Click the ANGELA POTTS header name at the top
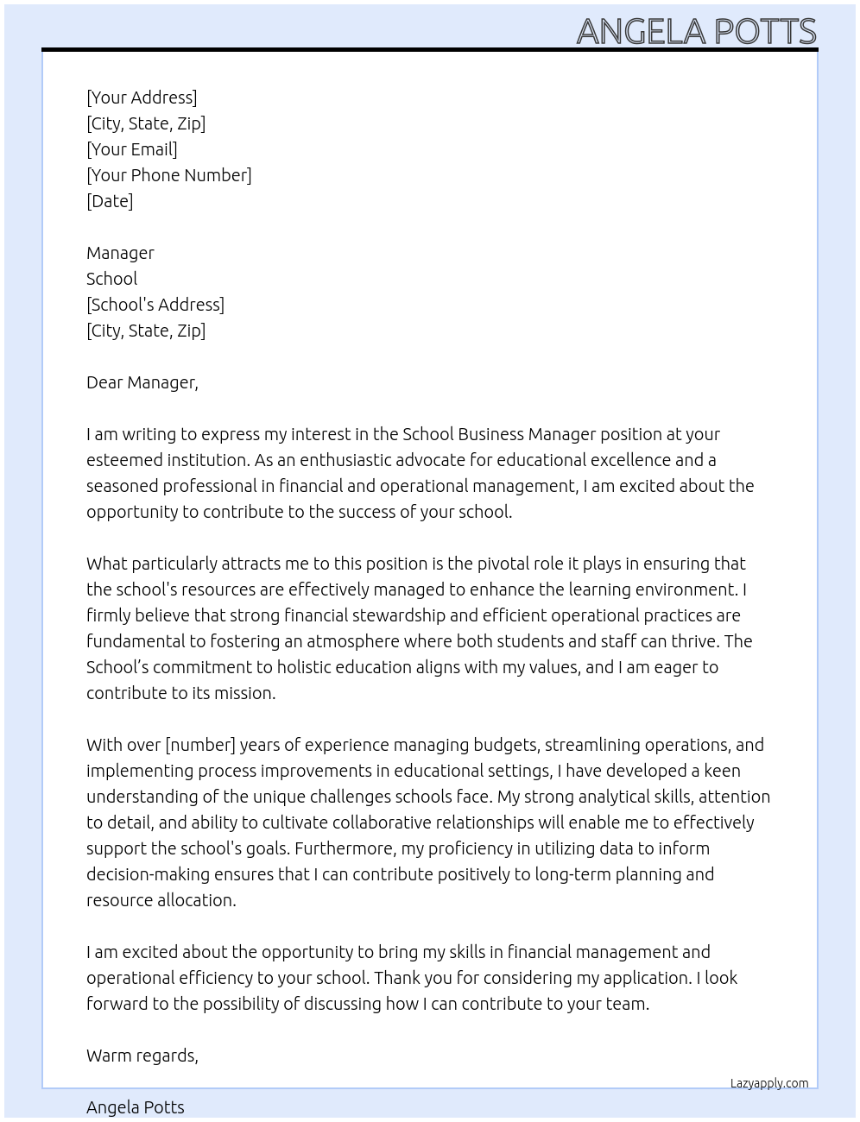pyautogui.click(x=696, y=31)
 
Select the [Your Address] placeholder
pyautogui.click(x=142, y=98)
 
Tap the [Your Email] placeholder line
pyautogui.click(x=132, y=149)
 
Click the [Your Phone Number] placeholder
pyautogui.click(x=169, y=175)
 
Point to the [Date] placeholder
pyautogui.click(x=110, y=201)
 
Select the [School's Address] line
pyautogui.click(x=155, y=305)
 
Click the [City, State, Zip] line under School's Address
pyautogui.click(x=146, y=331)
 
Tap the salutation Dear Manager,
pyautogui.click(x=142, y=382)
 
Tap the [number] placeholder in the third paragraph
pyautogui.click(x=200, y=745)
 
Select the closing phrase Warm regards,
pyautogui.click(x=142, y=1056)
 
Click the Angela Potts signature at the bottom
pyautogui.click(x=136, y=1107)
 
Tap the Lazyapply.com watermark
pyautogui.click(x=769, y=1083)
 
